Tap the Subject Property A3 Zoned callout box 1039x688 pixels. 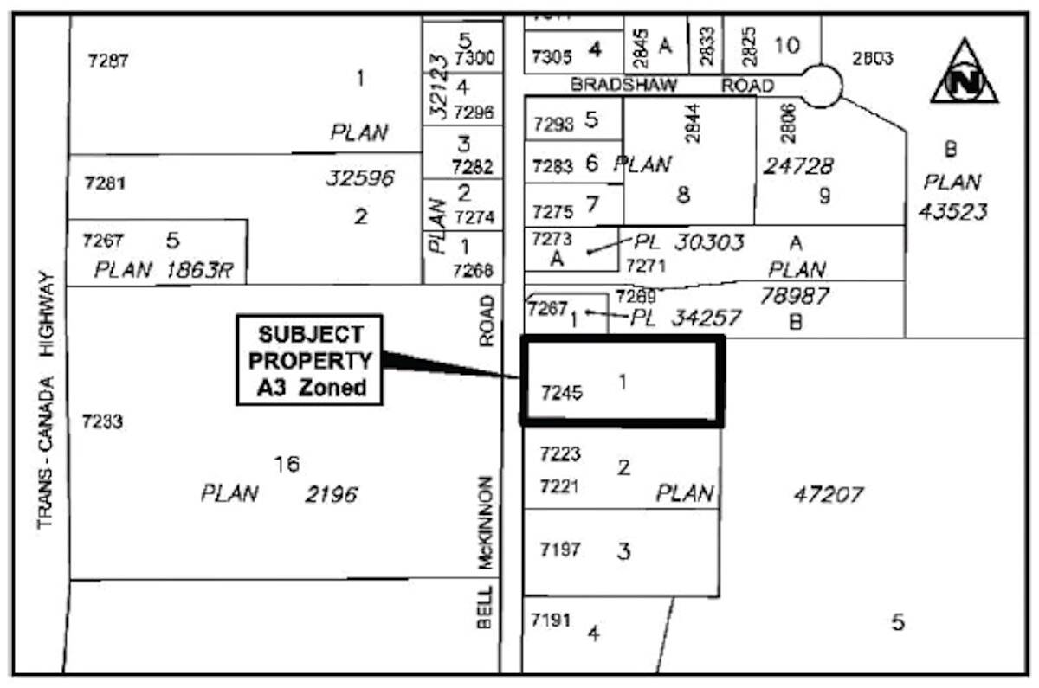(x=309, y=360)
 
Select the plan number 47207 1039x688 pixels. (x=829, y=495)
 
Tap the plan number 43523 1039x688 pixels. (x=952, y=211)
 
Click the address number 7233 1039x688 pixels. (x=102, y=421)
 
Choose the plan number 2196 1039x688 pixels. (x=331, y=495)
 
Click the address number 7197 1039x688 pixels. (x=560, y=550)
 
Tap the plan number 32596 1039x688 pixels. (x=359, y=179)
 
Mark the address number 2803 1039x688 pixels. (x=872, y=59)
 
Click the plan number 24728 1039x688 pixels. (x=797, y=165)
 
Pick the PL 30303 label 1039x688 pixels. (x=689, y=242)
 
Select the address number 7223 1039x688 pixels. (x=560, y=454)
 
